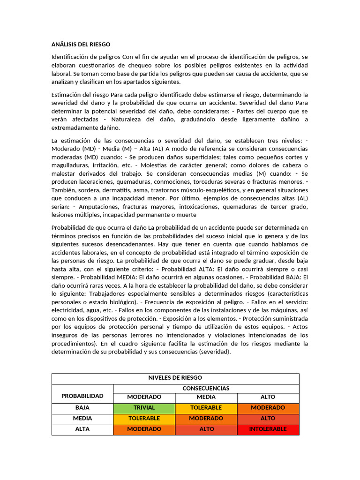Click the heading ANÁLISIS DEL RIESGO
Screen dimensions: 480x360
click(81, 45)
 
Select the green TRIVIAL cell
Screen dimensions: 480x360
click(144, 408)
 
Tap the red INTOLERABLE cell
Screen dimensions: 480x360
click(268, 429)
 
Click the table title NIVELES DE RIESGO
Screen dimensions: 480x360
click(175, 378)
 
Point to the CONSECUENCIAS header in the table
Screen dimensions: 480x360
click(206, 389)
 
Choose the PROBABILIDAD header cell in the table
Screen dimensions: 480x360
click(82, 396)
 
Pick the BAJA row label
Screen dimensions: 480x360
click(82, 408)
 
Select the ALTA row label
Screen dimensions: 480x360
click(82, 429)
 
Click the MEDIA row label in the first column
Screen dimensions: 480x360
click(82, 419)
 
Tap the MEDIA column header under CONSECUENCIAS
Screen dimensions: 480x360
click(206, 397)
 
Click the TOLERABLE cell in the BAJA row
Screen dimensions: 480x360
click(206, 408)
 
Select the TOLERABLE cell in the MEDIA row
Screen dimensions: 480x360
click(144, 419)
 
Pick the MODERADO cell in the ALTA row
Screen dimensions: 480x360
click(144, 429)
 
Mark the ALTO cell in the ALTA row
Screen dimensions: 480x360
click(206, 429)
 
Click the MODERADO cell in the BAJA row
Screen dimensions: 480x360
click(268, 408)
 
